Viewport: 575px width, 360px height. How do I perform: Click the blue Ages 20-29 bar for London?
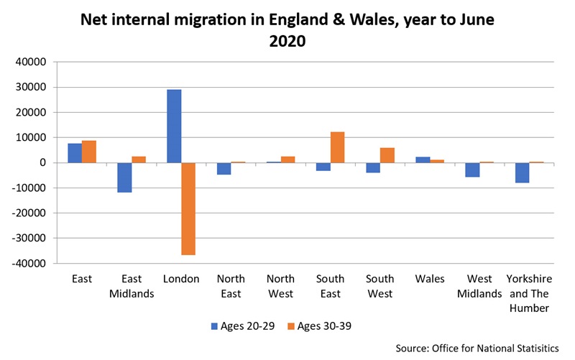pyautogui.click(x=174, y=126)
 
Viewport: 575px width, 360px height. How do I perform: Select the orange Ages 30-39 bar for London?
pyautogui.click(x=188, y=208)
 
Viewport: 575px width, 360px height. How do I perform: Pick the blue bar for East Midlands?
pyautogui.click(x=124, y=177)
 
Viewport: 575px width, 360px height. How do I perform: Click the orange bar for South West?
pyautogui.click(x=387, y=155)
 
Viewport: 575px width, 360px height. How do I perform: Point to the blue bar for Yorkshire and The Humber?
pyautogui.click(x=522, y=172)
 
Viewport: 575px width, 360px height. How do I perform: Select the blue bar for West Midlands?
pyautogui.click(x=471, y=170)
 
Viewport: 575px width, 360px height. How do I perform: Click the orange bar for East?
pyautogui.click(x=89, y=152)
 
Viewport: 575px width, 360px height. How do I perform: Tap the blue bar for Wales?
pyautogui.click(x=422, y=160)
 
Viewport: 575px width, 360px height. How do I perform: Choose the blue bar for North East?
pyautogui.click(x=224, y=169)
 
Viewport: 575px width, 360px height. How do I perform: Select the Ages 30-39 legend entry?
pyautogui.click(x=316, y=326)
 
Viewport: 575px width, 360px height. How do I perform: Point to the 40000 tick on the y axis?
pyautogui.click(x=31, y=63)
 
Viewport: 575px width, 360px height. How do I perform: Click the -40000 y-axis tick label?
pyautogui.click(x=29, y=264)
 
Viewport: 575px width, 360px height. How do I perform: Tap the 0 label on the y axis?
pyautogui.click(x=43, y=163)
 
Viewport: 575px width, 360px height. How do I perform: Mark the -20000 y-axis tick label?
pyautogui.click(x=29, y=213)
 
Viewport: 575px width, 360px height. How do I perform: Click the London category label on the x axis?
pyautogui.click(x=180, y=279)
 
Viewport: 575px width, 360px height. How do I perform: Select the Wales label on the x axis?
pyautogui.click(x=429, y=279)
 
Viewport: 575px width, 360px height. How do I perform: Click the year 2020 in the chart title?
pyautogui.click(x=287, y=42)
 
